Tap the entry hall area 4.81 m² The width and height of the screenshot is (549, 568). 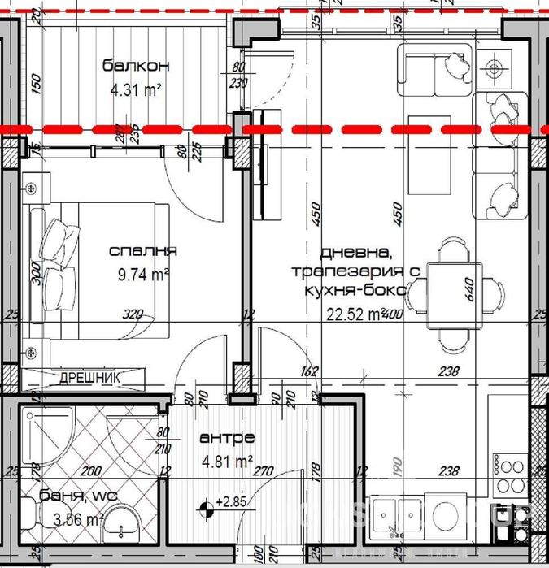(224, 462)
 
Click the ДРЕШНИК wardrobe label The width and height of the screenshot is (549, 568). (89, 378)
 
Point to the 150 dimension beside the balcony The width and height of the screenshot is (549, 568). (35, 84)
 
